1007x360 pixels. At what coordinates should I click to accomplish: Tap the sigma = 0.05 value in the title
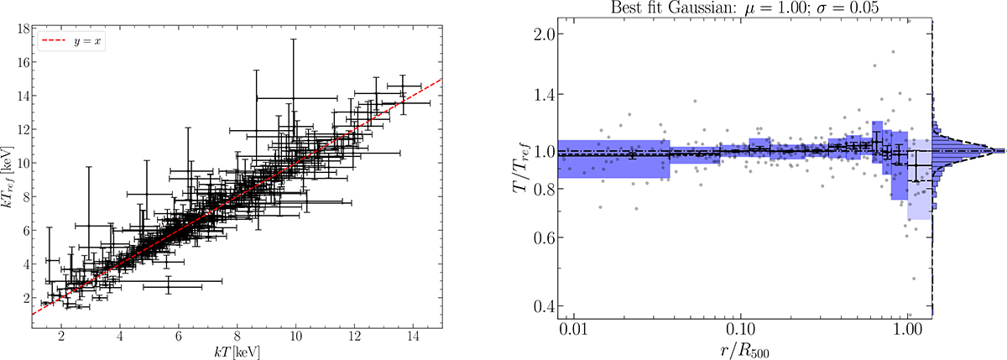[849, 8]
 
